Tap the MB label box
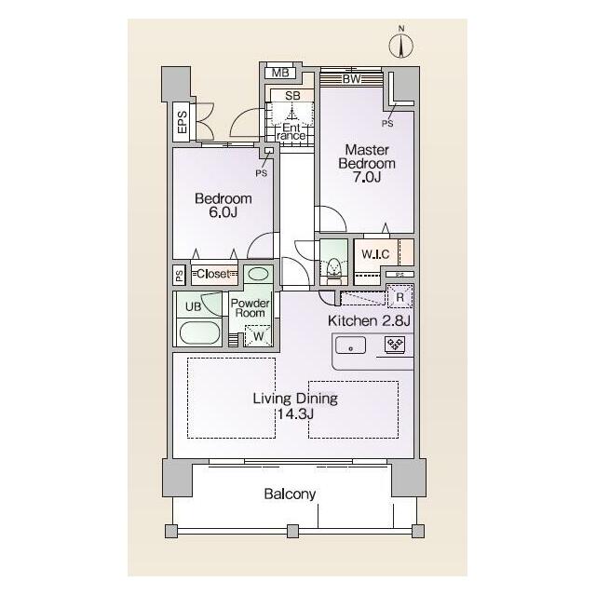click(280, 73)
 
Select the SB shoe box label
click(292, 96)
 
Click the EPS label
click(183, 122)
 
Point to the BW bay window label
click(352, 79)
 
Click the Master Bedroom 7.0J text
click(367, 164)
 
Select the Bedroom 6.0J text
click(223, 205)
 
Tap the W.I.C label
click(375, 254)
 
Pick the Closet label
click(213, 274)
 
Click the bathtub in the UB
click(200, 333)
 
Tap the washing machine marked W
click(259, 335)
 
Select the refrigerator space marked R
click(400, 296)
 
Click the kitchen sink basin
click(350, 345)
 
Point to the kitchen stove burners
click(395, 345)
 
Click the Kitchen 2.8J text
click(369, 320)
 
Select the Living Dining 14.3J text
click(295, 406)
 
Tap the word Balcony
click(290, 494)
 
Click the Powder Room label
click(251, 308)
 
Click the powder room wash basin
click(258, 275)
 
